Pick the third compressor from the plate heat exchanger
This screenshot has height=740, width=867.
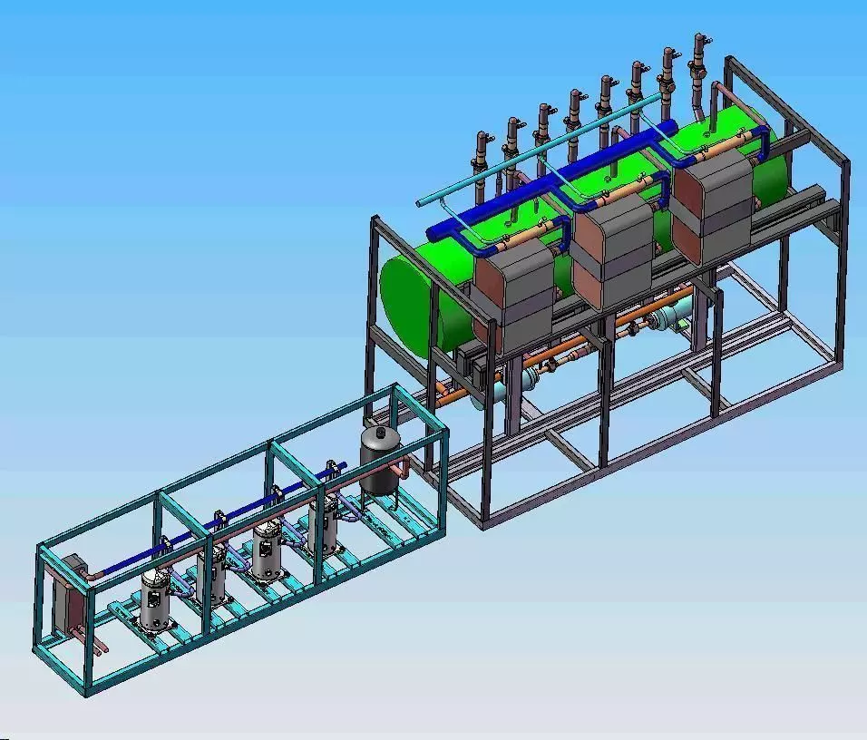[x=267, y=550]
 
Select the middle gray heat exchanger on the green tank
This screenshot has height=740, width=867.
[x=617, y=249]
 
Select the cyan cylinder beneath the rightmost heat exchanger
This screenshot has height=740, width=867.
[x=676, y=316]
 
